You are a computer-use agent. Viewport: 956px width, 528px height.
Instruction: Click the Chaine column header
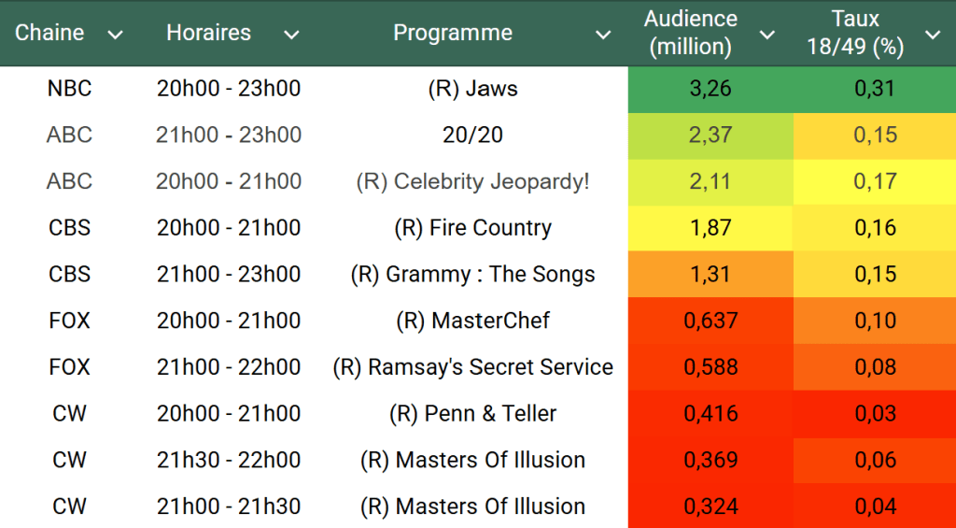click(x=49, y=33)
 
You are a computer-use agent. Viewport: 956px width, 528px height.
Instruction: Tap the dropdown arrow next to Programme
click(x=603, y=35)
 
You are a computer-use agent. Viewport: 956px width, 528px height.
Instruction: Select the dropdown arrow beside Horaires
click(x=291, y=35)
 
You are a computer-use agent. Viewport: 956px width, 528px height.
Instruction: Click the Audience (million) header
click(x=691, y=33)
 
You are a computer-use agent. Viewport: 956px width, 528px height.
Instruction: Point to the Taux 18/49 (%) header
click(x=855, y=33)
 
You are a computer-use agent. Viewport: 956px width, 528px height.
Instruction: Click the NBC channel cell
click(x=69, y=89)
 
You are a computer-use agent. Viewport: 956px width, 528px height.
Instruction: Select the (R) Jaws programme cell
click(x=472, y=89)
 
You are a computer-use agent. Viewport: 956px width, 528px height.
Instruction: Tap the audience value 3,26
click(x=710, y=89)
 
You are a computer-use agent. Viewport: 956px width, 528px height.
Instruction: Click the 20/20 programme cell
click(x=472, y=135)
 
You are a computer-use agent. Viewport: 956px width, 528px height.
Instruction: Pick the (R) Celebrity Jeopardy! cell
click(x=472, y=181)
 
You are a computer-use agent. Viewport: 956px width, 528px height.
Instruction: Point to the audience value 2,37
click(x=710, y=135)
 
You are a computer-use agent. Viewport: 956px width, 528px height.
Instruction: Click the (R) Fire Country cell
click(x=472, y=228)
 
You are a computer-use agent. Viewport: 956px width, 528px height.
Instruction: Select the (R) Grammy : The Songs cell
click(x=472, y=274)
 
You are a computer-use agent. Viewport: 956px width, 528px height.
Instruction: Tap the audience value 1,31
click(x=710, y=274)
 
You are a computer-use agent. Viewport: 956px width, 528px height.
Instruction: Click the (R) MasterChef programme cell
click(x=472, y=321)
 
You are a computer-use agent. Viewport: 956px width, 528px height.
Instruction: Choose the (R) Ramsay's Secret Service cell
click(x=472, y=367)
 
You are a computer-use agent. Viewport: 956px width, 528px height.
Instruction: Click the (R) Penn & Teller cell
click(x=472, y=413)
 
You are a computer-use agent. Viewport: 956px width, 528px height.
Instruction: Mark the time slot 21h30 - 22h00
click(x=229, y=460)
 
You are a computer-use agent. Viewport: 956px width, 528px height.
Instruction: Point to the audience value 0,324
click(x=710, y=507)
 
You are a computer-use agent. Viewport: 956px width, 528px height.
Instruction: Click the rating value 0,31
click(x=875, y=89)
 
